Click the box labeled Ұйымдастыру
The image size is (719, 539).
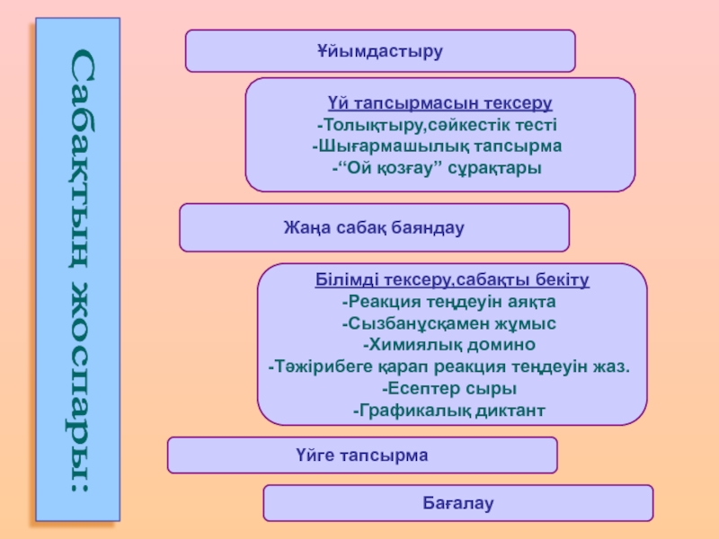pos(380,50)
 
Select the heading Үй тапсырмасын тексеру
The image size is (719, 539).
pos(439,104)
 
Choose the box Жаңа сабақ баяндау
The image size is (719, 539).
pos(374,227)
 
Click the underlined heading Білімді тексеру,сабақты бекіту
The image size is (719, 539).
pos(452,280)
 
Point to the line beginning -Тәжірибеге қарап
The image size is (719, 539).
pos(449,367)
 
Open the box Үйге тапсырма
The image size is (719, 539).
pos(362,455)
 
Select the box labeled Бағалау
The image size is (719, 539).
pos(458,503)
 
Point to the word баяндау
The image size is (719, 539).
pos(427,227)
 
